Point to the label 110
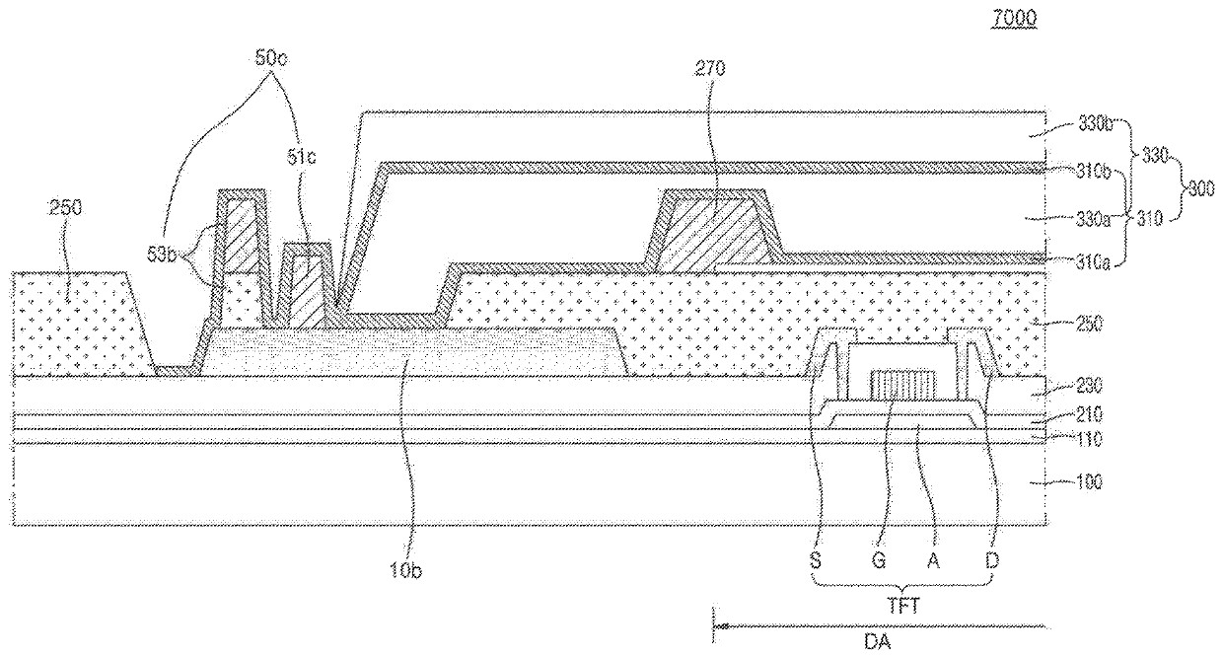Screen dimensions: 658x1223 click(x=1090, y=438)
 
